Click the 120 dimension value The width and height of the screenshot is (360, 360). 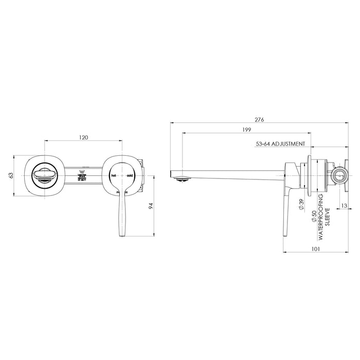tap(84, 137)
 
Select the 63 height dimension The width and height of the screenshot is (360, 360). tap(10, 175)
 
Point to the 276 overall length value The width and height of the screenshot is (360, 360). tap(259, 119)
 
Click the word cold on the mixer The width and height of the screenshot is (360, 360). tap(129, 175)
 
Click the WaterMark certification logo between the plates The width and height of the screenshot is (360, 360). tap(81, 175)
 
